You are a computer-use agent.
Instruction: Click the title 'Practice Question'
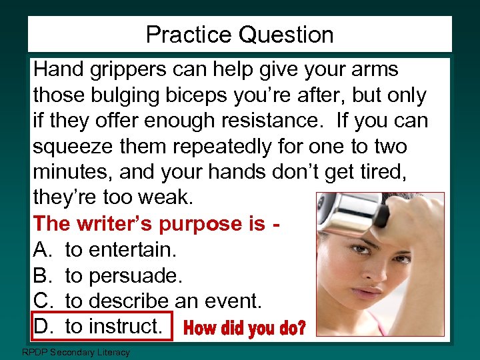point(239,35)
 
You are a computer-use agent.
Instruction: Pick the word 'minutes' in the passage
point(73,172)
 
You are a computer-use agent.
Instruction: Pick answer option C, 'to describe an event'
point(163,300)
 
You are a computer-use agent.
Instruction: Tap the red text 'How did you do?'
point(245,328)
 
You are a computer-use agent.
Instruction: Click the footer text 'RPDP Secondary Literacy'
point(76,352)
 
